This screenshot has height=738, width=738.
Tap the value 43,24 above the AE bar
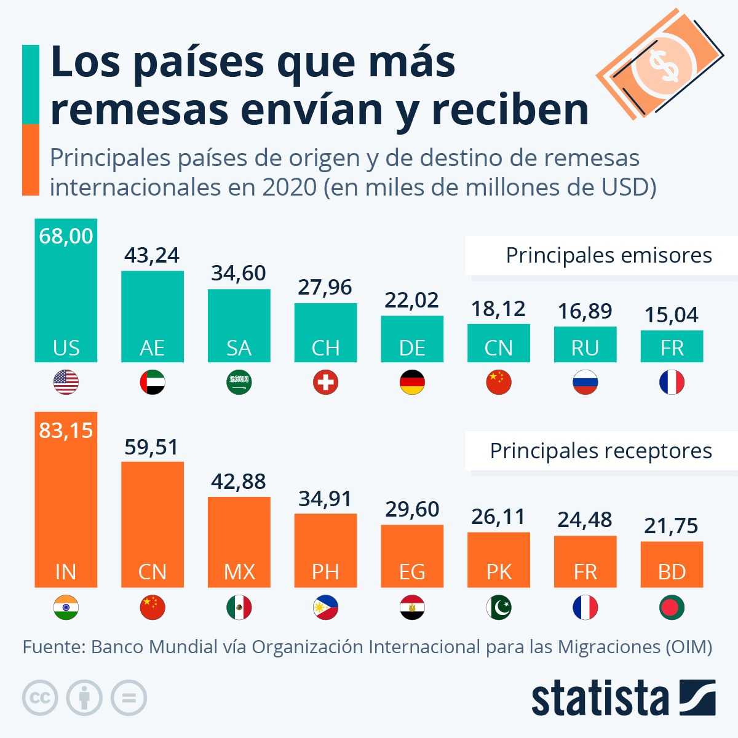click(x=152, y=255)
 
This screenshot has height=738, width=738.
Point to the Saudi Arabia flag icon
click(x=239, y=383)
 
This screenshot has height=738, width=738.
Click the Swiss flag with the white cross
click(x=325, y=383)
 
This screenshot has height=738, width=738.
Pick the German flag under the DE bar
click(x=412, y=383)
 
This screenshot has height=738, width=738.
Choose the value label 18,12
click(x=498, y=309)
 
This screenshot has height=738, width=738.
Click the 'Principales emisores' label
click(x=608, y=255)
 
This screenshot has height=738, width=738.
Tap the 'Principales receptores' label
click(x=601, y=451)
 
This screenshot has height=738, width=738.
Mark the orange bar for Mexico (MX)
click(x=239, y=541)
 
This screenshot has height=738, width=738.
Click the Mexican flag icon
click(x=239, y=608)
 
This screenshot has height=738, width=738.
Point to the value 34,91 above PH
click(x=325, y=499)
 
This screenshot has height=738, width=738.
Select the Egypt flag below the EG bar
click(x=412, y=608)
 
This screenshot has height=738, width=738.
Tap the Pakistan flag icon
click(x=498, y=608)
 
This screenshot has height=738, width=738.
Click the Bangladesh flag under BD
click(x=672, y=608)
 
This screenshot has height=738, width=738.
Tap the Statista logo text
click(x=600, y=699)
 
